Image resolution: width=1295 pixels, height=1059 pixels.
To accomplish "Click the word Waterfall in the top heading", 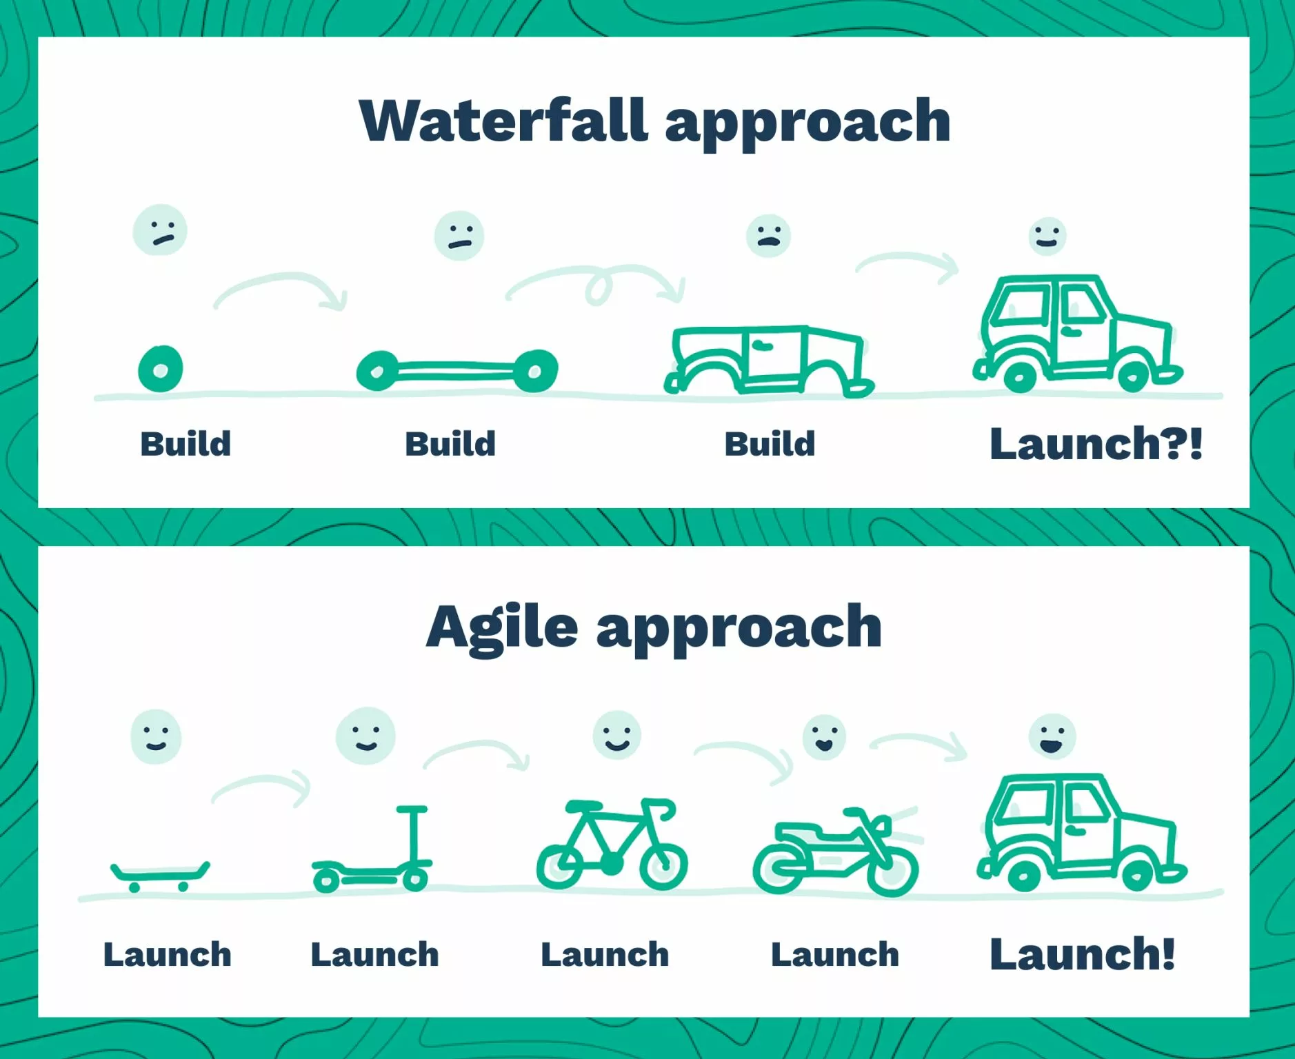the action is click(504, 121).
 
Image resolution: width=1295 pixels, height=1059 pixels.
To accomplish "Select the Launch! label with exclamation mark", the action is click(1082, 954).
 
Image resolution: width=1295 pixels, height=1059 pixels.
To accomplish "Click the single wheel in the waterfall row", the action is click(161, 369).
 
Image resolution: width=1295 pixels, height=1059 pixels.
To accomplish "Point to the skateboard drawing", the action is click(161, 876).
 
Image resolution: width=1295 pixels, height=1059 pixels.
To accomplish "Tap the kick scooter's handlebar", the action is click(412, 809).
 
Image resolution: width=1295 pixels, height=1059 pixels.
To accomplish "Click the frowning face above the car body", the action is click(768, 236).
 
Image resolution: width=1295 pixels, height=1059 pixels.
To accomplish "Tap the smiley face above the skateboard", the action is click(156, 736).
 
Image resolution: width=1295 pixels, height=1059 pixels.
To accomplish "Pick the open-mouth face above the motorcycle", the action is click(825, 738).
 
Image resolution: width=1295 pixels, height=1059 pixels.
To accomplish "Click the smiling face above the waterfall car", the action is click(1047, 236).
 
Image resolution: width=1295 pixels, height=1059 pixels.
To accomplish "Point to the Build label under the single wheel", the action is click(185, 444).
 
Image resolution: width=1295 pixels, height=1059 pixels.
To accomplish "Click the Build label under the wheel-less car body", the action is click(770, 444).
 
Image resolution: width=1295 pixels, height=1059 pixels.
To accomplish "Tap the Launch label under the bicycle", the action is click(605, 955).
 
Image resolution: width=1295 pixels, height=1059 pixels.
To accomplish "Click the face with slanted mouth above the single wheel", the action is click(160, 230).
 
